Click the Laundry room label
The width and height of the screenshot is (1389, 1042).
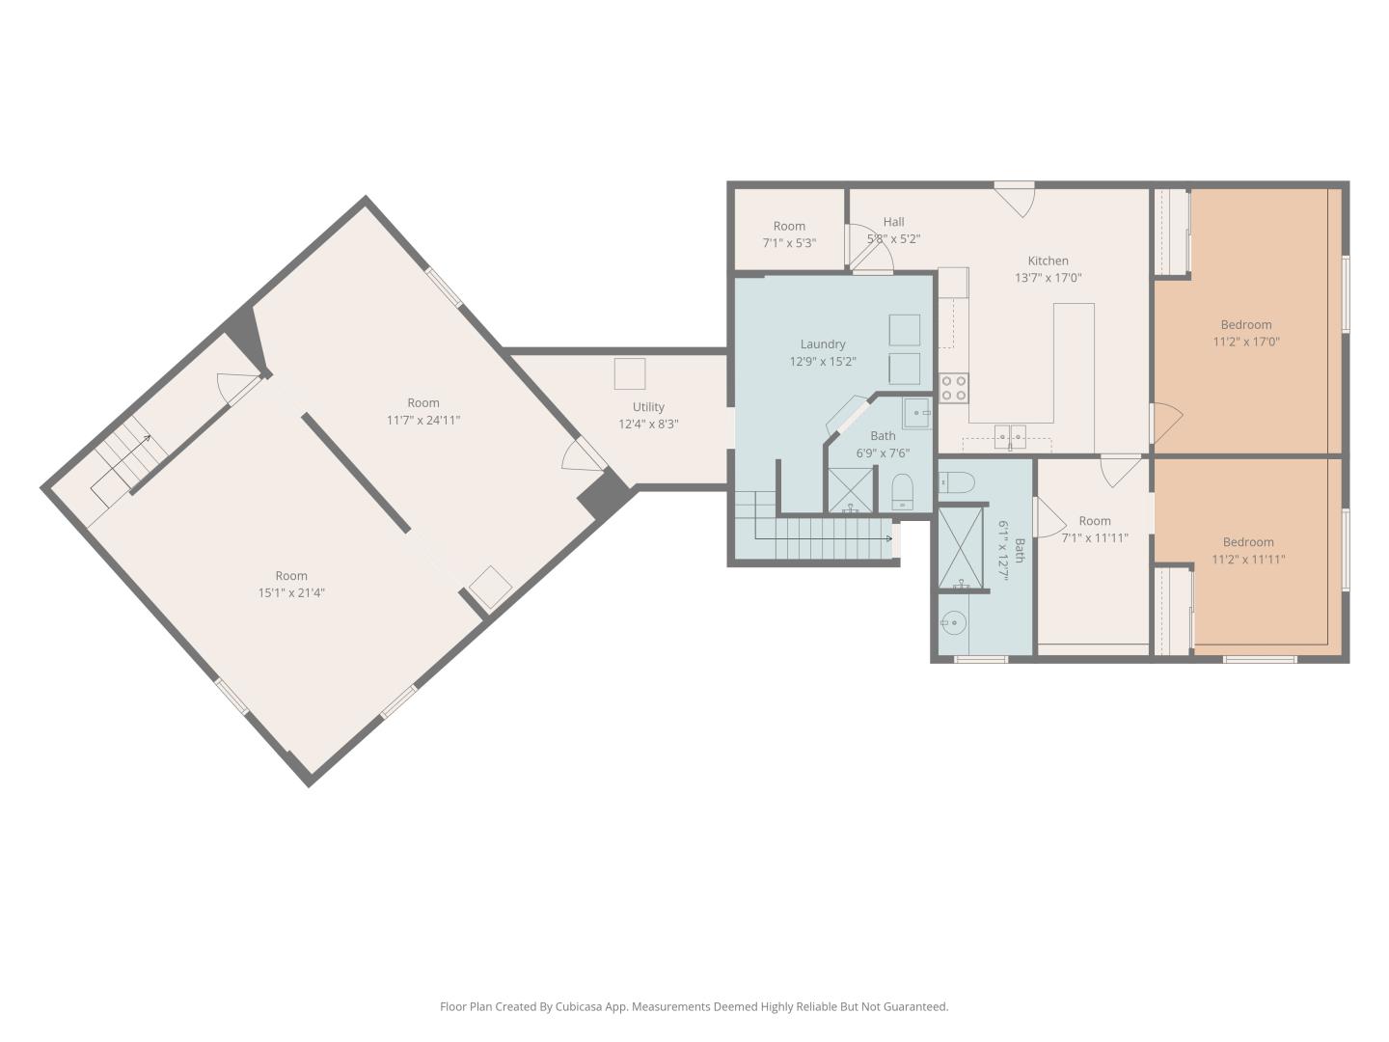[x=822, y=344]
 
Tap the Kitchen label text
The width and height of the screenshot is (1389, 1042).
[x=1048, y=260]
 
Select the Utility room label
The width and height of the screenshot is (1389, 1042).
[x=648, y=407]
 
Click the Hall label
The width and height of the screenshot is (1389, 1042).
[x=893, y=222]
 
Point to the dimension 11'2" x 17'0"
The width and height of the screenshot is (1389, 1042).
[x=1246, y=342]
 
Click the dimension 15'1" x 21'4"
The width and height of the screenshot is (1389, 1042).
[x=291, y=592]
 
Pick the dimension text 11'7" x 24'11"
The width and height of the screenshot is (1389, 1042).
[x=423, y=420]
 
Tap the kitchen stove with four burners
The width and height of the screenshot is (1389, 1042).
[x=954, y=387]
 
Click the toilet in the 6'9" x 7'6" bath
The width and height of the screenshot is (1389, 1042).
[x=902, y=492]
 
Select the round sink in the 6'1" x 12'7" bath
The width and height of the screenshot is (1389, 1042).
[x=953, y=623]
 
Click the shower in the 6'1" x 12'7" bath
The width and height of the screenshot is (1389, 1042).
[x=961, y=548]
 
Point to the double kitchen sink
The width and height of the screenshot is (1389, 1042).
[x=1010, y=437]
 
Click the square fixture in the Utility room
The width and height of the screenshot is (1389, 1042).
[x=630, y=374]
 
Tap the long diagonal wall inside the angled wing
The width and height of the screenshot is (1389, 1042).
[x=356, y=473]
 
